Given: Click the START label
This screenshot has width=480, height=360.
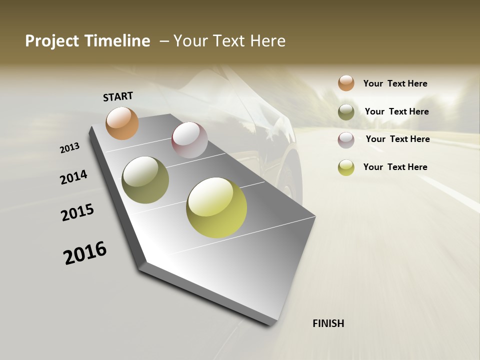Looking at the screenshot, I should point(118,96).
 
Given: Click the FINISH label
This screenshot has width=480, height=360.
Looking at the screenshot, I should point(328,323).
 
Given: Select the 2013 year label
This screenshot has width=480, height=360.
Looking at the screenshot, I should point(69,148).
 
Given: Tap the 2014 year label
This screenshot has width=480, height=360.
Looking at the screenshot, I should point(73,177).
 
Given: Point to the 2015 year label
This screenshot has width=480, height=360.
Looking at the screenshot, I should point(77,212).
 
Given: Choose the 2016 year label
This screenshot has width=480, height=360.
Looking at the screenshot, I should point(85,253).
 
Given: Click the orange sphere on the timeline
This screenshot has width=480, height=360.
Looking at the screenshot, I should point(122,123).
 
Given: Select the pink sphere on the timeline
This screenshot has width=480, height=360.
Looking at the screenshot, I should point(189,140).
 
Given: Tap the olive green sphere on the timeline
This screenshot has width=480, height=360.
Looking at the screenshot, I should point(145,180).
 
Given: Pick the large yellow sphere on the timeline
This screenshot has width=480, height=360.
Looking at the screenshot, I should point(216,207).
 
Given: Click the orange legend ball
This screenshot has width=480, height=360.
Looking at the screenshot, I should point(346,83).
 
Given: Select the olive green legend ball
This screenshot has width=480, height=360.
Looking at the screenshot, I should point(346,112).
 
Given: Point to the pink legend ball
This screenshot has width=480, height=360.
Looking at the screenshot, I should point(346,140).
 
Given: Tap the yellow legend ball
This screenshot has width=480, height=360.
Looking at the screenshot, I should point(346,167).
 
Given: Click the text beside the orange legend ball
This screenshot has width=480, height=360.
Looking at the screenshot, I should point(395,83).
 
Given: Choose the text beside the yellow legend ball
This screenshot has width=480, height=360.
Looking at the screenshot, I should point(395,167).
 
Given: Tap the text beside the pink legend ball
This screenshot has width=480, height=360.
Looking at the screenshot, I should point(397,139).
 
